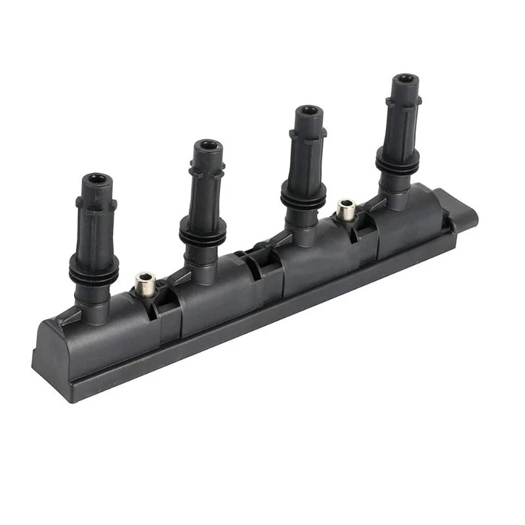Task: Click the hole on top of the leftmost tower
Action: [98, 178]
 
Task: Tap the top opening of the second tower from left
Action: [209, 145]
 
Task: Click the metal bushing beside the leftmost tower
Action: [144, 283]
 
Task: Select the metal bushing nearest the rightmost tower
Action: [346, 210]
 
